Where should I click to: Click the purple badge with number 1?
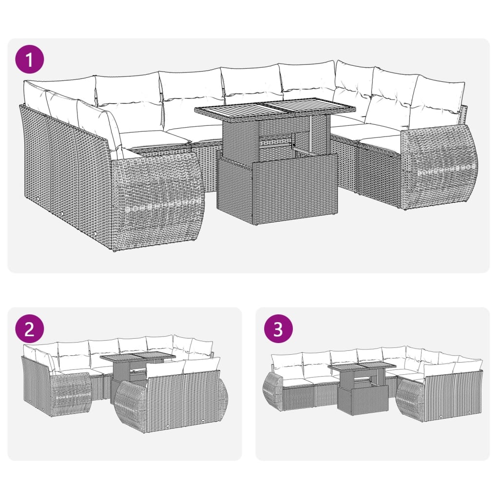click(x=29, y=60)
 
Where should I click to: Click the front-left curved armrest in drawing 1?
click(x=156, y=200)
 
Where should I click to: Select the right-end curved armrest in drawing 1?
click(x=439, y=166)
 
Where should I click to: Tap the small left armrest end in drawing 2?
click(x=71, y=392)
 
